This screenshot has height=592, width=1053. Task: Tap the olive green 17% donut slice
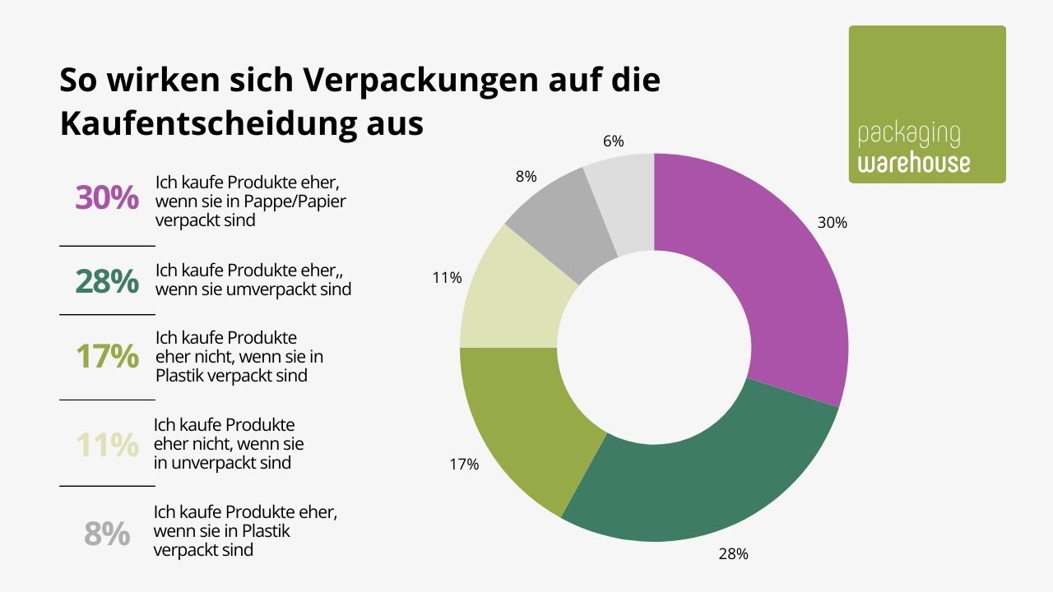point(526,419)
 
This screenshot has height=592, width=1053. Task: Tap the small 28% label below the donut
point(732,554)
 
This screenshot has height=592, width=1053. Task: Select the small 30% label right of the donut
point(832,223)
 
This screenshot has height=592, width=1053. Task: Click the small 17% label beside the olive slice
point(464,465)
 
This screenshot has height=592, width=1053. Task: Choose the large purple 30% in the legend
point(107,198)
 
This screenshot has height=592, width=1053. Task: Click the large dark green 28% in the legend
point(107,281)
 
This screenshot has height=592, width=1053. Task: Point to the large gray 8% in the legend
point(107,534)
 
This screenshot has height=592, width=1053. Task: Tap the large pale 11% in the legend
point(107,445)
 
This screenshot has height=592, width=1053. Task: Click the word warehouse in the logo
point(914,162)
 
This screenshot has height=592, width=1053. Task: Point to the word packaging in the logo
point(908,134)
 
